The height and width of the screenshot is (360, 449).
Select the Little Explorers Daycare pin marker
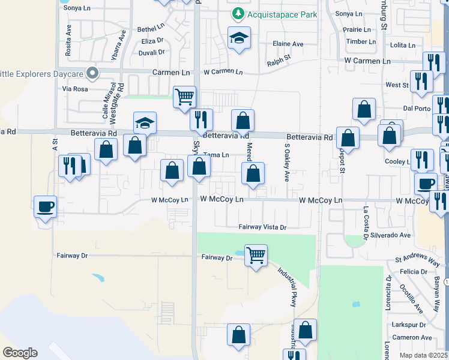(x=92, y=73)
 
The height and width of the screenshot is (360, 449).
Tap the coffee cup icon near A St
(x=45, y=206)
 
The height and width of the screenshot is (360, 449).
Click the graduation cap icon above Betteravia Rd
(x=145, y=123)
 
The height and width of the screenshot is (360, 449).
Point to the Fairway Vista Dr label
(x=263, y=227)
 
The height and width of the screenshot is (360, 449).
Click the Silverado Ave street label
(x=390, y=235)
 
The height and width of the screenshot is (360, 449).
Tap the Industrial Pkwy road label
(x=287, y=286)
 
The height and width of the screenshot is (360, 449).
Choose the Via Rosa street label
(x=75, y=88)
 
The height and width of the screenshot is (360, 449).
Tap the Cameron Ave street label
(x=412, y=338)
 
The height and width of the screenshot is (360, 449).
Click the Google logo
(x=20, y=352)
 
